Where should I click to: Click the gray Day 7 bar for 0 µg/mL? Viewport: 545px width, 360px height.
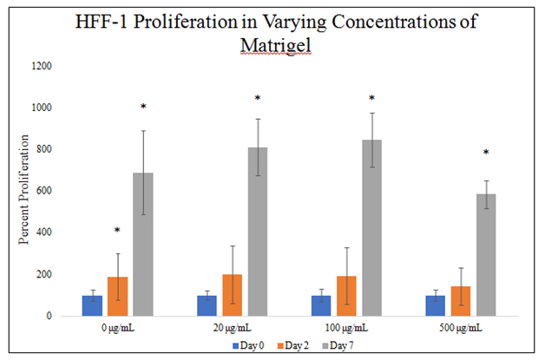point(143,244)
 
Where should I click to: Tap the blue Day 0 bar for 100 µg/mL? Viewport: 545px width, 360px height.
point(320,305)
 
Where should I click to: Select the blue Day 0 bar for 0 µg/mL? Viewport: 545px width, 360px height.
point(92,305)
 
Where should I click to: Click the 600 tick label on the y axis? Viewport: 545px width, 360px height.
point(43,191)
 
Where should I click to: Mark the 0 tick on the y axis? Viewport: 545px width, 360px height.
point(50,316)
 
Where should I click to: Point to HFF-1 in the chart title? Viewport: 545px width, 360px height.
point(105,20)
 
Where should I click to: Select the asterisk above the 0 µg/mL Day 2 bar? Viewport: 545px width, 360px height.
point(117,231)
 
